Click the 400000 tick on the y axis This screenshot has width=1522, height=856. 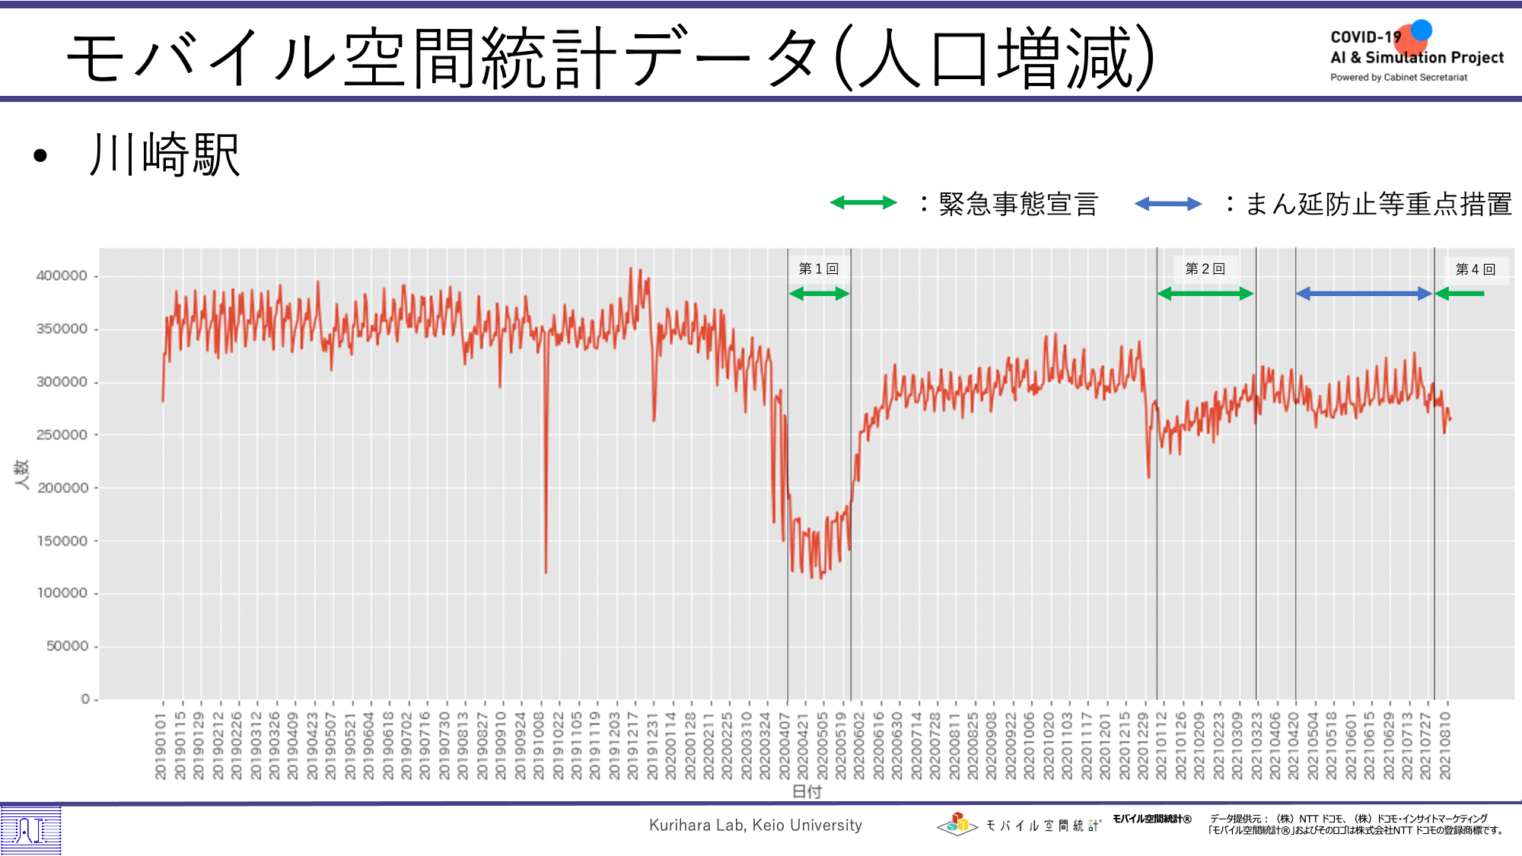coord(62,275)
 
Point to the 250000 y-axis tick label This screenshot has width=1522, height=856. coord(62,434)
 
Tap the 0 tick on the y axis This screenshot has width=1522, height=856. coord(86,698)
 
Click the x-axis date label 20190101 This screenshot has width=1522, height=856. coord(161,746)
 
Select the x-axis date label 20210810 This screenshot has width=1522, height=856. coord(1445,746)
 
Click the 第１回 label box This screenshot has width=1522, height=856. coord(819,269)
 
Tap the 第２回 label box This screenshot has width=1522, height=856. coord(1205,269)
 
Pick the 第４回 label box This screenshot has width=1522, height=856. coord(1476,269)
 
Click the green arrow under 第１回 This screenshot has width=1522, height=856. coord(819,294)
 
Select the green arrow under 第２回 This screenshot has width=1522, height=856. coord(1205,294)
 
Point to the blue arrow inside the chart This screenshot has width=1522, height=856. coord(1364,294)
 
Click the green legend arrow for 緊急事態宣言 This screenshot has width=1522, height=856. coord(863,202)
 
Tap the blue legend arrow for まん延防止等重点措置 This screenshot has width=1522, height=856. coord(1167,204)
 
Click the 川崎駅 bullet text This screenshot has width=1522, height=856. coord(164,155)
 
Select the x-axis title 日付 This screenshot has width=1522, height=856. coord(807,791)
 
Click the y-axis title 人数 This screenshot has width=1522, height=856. coord(21,474)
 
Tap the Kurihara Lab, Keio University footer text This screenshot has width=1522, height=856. coord(755,825)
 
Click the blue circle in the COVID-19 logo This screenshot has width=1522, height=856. coord(1421,30)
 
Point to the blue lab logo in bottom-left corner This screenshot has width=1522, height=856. coord(30,830)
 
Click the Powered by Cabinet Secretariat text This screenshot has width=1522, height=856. coord(1399,78)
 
